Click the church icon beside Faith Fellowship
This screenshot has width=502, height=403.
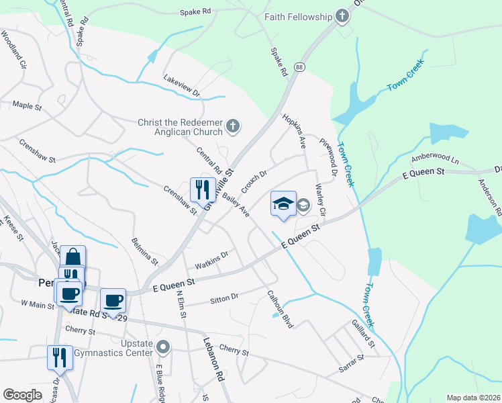click(342, 16)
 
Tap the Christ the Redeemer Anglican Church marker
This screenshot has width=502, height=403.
click(232, 126)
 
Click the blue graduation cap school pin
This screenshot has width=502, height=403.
click(283, 204)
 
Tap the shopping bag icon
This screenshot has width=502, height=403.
click(73, 258)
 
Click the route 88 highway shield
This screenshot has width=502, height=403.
click(299, 66)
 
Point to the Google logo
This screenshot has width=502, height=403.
click(22, 395)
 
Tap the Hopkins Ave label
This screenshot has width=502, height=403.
click(294, 130)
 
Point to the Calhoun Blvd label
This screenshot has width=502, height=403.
click(281, 308)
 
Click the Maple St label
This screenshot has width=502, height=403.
click(28, 105)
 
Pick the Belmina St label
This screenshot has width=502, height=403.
click(145, 251)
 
